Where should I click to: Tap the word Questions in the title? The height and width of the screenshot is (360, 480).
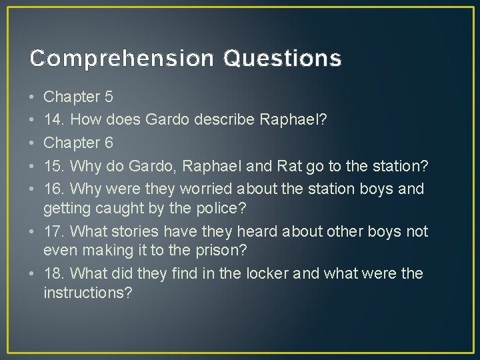coord(283,59)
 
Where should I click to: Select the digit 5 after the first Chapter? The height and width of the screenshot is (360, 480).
coord(109,97)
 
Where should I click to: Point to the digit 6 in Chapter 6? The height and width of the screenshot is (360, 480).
coord(109,143)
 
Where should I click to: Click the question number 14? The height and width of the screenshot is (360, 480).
coord(53,121)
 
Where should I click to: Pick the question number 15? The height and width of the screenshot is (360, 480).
coord(53,166)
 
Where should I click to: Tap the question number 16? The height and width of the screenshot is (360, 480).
coord(53,189)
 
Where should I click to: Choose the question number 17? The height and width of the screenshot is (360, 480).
coord(53,231)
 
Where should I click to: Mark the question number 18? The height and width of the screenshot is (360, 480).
coord(53,274)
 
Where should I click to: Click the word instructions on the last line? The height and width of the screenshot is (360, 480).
coord(87,294)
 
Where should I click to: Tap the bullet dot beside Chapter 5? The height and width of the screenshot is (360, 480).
coord(32,98)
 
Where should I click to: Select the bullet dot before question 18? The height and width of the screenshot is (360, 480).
coord(32,275)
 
